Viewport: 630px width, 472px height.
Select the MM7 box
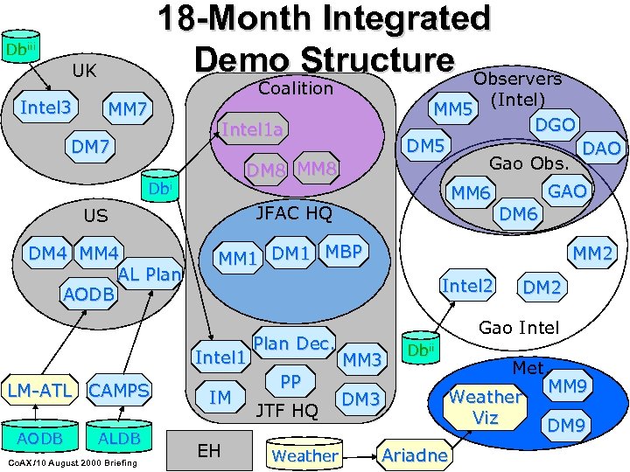tap(128, 111)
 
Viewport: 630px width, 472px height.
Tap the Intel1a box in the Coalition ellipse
tap(252, 130)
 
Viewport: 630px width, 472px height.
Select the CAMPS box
tap(119, 390)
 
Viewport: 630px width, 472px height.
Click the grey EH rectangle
tap(208, 450)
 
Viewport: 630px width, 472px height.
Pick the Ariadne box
tap(415, 455)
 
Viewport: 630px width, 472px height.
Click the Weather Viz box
tap(485, 407)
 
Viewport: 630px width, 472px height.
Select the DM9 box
tap(566, 426)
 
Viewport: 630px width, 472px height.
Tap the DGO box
tap(555, 125)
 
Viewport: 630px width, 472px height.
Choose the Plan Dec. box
tap(293, 344)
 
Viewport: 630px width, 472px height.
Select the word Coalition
tap(295, 88)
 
